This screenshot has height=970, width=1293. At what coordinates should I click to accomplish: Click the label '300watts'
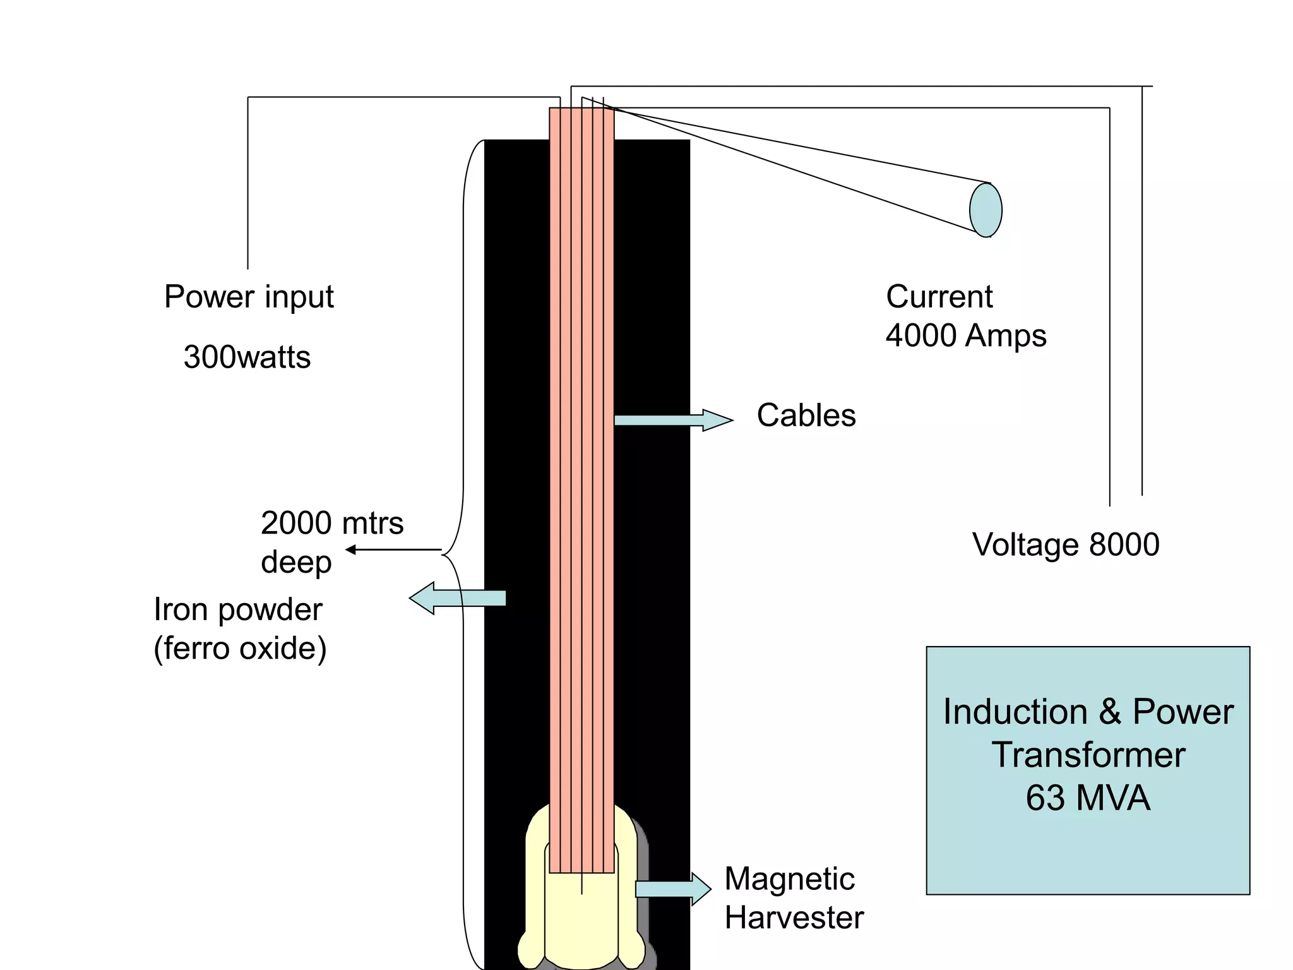pyautogui.click(x=247, y=357)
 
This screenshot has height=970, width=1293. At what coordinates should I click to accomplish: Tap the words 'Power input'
pyautogui.click(x=249, y=297)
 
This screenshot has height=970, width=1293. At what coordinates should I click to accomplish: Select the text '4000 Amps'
pyautogui.click(x=965, y=335)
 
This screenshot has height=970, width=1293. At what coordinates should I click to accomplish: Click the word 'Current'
pyautogui.click(x=939, y=297)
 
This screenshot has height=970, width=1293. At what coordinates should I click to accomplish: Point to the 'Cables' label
pyautogui.click(x=806, y=416)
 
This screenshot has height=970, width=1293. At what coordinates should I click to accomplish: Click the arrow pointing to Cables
pyautogui.click(x=672, y=420)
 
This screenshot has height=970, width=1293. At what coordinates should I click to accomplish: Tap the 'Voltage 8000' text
pyautogui.click(x=1065, y=544)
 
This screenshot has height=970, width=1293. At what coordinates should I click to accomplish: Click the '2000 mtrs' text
pyautogui.click(x=331, y=523)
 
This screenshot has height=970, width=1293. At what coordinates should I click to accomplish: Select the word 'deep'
pyautogui.click(x=296, y=562)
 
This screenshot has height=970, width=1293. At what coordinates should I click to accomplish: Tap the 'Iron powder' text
pyautogui.click(x=237, y=609)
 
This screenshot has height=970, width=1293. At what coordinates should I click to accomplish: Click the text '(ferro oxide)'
pyautogui.click(x=240, y=649)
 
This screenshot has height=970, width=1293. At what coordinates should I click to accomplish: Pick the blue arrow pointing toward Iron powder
pyautogui.click(x=458, y=598)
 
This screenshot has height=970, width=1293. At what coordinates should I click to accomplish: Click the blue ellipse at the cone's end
pyautogui.click(x=985, y=210)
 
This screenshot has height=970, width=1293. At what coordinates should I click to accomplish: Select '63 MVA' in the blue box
pyautogui.click(x=1087, y=798)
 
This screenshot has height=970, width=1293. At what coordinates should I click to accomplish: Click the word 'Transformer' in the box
pyautogui.click(x=1087, y=755)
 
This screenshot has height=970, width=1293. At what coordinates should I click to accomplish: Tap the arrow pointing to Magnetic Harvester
pyautogui.click(x=672, y=889)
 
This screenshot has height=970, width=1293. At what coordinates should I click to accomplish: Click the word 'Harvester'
pyautogui.click(x=794, y=918)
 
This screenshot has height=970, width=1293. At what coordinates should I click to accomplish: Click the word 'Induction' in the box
pyautogui.click(x=1014, y=712)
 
